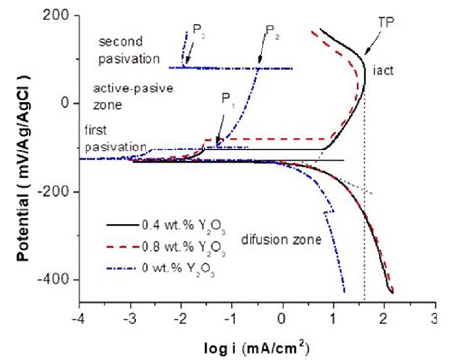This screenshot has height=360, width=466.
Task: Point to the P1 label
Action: pos(227,98)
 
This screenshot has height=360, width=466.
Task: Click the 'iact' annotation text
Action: pos(383,70)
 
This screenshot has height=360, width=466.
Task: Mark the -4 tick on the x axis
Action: pos(78,318)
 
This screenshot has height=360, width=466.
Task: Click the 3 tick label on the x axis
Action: pos(435,318)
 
